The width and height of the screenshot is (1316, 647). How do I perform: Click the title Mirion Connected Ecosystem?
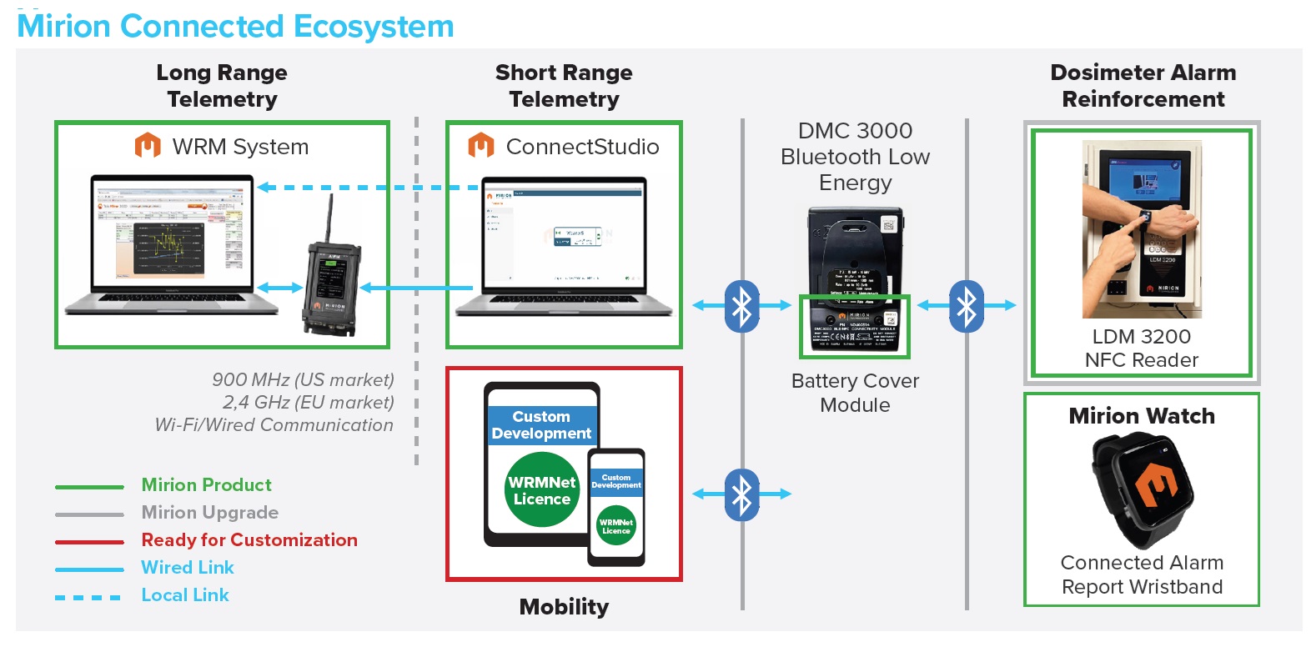click(235, 27)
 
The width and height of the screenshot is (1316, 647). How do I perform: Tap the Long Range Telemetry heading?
click(222, 86)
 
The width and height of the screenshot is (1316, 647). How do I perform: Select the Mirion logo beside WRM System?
click(148, 146)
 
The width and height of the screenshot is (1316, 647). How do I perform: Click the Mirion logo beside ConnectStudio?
click(481, 146)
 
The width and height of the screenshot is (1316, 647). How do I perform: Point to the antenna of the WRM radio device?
click(330, 218)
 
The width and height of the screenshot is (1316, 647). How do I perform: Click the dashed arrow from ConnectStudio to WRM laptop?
click(367, 188)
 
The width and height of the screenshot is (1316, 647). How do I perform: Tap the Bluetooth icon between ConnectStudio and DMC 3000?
click(741, 306)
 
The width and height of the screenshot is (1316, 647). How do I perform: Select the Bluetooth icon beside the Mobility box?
click(741, 494)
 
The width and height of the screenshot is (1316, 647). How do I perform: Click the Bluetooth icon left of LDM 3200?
click(967, 306)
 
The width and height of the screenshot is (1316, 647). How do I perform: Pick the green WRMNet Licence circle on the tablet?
click(542, 490)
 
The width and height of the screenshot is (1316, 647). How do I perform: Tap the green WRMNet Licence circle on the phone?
click(616, 526)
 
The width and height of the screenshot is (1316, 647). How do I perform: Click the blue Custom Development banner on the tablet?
click(541, 425)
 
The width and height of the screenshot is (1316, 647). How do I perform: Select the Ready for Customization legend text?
click(249, 540)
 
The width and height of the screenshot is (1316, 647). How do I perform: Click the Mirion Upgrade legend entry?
click(210, 513)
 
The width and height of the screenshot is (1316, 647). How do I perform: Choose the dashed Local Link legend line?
click(88, 597)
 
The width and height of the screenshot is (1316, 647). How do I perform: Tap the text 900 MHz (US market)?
click(303, 380)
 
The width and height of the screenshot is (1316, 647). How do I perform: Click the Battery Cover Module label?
click(855, 393)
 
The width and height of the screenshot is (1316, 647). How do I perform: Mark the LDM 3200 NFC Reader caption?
click(1142, 349)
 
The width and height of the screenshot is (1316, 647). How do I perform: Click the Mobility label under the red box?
click(564, 607)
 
